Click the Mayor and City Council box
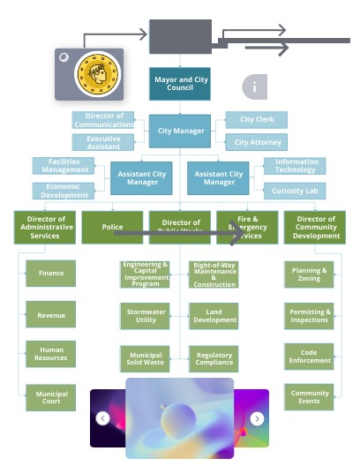pos(180,84)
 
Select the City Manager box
pos(180,131)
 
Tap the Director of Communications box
pos(103,120)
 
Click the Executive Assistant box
pos(103,143)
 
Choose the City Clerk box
pos(257,120)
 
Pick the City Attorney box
pos(257,142)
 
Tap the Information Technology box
pos(295,166)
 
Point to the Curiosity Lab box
pos(295,191)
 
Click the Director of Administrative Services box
pos(45,227)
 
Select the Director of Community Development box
pos(316,227)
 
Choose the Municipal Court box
pos(51,398)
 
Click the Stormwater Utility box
pos(145,316)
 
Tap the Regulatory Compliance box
pos(214,359)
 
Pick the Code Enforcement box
pos(310,356)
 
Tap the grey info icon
pos(254,86)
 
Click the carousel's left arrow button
pos(103,418)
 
